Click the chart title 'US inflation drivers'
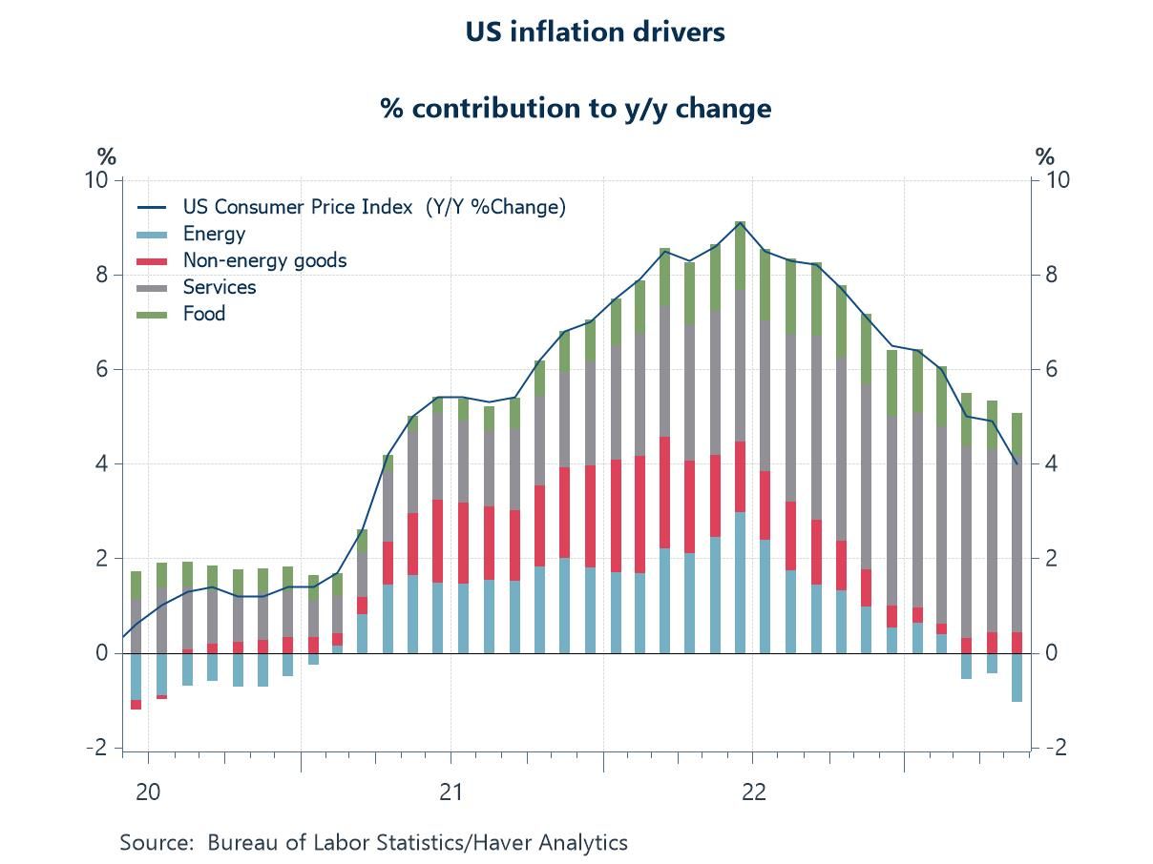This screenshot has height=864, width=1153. (x=595, y=31)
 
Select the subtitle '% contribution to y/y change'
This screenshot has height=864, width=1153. (x=576, y=108)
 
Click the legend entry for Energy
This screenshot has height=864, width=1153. (x=214, y=234)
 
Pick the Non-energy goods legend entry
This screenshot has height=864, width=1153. (x=264, y=260)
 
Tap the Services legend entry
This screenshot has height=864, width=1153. (x=220, y=287)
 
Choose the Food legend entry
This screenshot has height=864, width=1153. (x=204, y=314)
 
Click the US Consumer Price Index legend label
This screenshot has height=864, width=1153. (x=374, y=207)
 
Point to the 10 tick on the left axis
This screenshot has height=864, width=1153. (x=97, y=180)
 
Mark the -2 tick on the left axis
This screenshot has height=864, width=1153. (x=97, y=748)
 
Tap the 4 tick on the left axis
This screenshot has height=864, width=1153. (x=101, y=464)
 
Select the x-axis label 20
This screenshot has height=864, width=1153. (x=148, y=792)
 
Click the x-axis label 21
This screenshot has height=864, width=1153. (x=450, y=792)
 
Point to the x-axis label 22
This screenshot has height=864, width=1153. (x=752, y=792)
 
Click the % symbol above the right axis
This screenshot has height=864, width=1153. (x=1045, y=156)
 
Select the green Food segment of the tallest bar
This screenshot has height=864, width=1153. (x=740, y=256)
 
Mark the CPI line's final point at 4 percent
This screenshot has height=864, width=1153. (x=1017, y=464)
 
